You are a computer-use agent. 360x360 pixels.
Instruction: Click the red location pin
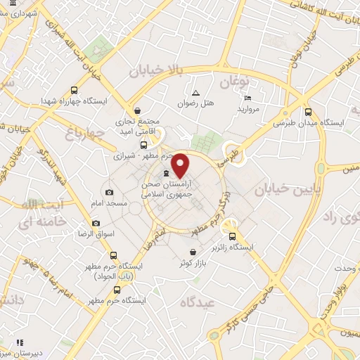[180, 166]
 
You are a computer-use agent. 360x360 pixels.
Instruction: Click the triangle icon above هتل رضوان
[196, 93]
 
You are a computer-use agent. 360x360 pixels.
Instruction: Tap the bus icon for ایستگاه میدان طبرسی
[308, 112]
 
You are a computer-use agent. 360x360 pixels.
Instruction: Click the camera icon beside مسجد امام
[109, 192]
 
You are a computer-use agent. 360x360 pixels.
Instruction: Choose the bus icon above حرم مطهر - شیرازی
[144, 144]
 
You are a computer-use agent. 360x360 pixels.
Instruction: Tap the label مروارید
[249, 109]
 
